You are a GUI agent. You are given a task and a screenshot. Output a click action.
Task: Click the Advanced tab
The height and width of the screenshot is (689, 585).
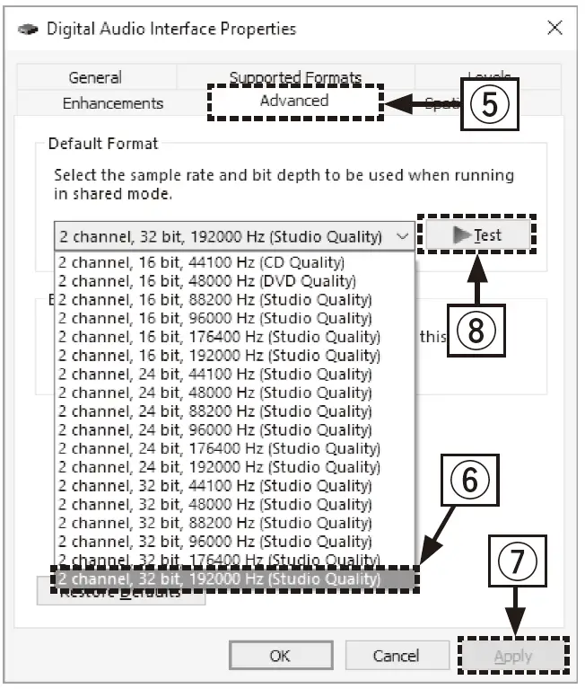point(294,101)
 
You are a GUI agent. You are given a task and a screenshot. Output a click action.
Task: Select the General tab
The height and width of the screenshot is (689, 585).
point(95,78)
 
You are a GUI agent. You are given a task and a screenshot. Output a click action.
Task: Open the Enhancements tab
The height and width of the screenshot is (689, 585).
point(113,103)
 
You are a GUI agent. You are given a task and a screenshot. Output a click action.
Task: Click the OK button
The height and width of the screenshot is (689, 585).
point(280,656)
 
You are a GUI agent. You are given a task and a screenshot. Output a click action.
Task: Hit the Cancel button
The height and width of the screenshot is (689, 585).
point(396,656)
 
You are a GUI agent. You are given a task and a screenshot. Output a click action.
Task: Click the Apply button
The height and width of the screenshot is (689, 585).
point(513,657)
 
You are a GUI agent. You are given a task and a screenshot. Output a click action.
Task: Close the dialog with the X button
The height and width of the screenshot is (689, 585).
point(554,28)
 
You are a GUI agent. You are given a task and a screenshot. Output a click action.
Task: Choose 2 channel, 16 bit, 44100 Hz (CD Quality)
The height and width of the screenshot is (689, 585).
point(202,263)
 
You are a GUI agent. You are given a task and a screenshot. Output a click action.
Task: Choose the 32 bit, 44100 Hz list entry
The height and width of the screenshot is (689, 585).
point(214,486)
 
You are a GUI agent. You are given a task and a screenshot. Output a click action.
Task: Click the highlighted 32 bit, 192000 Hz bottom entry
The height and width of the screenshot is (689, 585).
point(220,579)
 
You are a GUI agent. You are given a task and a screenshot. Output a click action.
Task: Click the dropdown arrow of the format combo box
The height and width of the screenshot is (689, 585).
point(403,236)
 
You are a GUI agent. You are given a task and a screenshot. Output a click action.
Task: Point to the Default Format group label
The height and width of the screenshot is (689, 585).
point(103,144)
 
